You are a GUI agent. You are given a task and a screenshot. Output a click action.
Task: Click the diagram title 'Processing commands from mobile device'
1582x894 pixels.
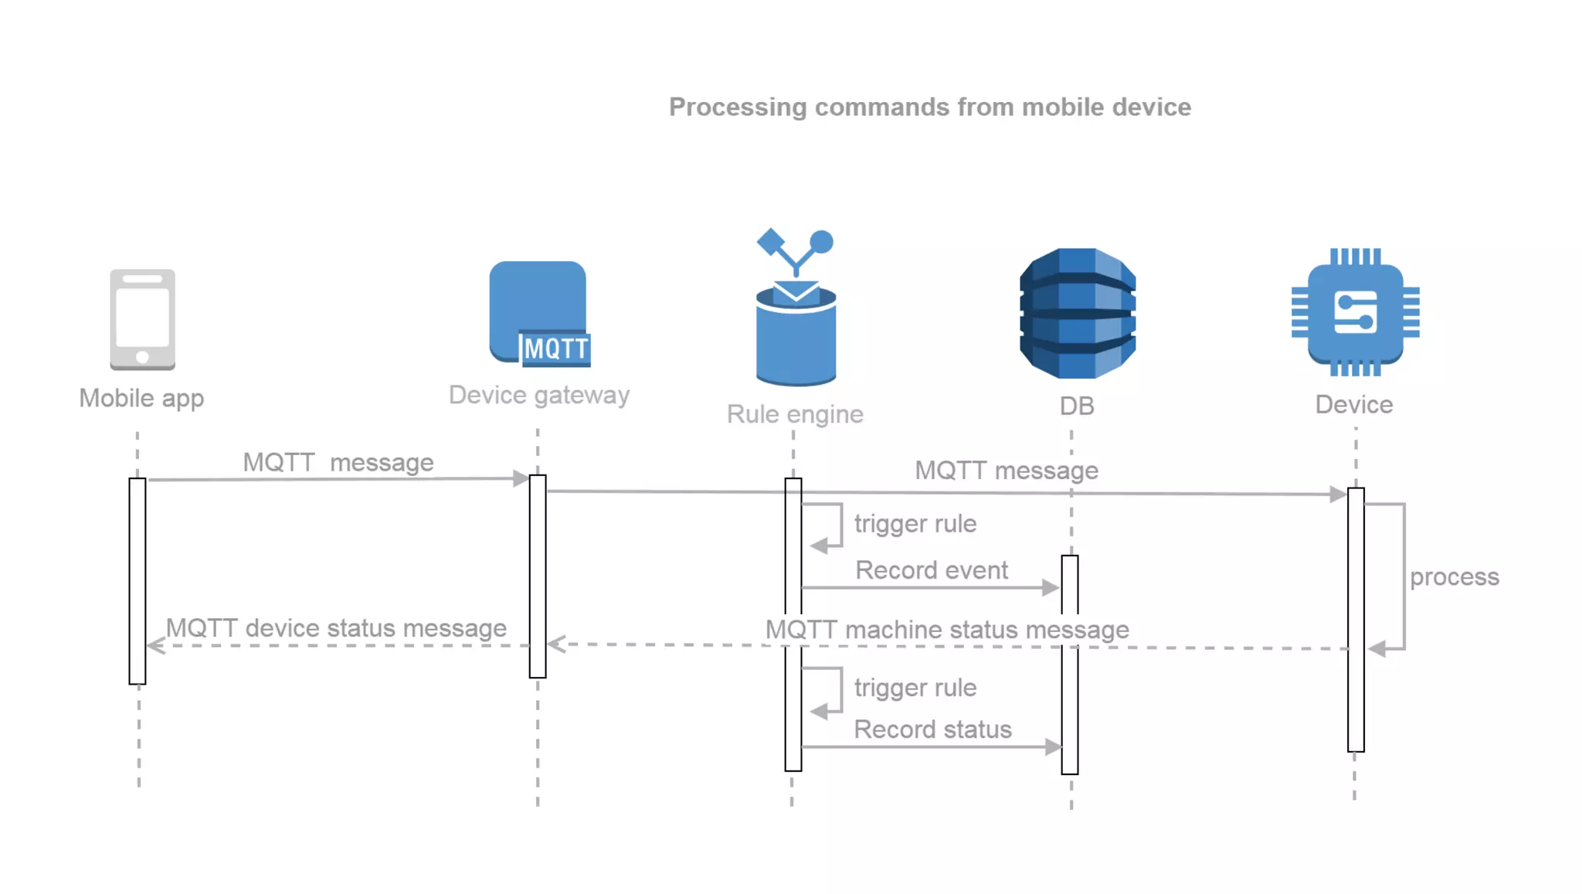tap(929, 107)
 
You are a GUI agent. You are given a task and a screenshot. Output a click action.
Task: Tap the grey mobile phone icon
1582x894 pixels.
tap(142, 319)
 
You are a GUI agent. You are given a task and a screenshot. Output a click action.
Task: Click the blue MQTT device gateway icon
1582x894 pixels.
tap(538, 313)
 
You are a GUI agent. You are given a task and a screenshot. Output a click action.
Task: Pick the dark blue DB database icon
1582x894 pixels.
tap(1077, 313)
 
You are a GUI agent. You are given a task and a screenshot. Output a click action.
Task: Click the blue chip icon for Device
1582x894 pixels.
tap(1355, 312)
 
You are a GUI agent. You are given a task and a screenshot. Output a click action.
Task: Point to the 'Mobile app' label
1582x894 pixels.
tap(141, 398)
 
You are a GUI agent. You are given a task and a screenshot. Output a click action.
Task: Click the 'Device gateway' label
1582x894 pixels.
tap(539, 395)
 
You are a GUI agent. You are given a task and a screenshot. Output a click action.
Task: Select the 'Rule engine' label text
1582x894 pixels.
tap(795, 414)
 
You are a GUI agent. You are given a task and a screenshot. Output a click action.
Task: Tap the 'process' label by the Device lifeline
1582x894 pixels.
tap(1454, 576)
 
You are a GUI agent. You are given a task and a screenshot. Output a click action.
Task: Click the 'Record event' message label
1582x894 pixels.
tap(931, 570)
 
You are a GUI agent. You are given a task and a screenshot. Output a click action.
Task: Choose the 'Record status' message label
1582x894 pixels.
tap(932, 729)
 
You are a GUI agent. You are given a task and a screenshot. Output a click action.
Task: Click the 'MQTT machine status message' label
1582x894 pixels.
tap(947, 630)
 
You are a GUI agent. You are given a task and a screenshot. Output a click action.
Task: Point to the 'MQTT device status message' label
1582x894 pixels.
tap(336, 628)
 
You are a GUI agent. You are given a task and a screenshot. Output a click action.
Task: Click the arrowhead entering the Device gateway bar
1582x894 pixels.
tap(521, 478)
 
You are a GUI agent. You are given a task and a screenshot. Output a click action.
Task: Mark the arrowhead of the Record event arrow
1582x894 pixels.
tap(1051, 588)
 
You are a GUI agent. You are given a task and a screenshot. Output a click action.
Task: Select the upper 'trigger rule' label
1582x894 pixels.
tap(915, 524)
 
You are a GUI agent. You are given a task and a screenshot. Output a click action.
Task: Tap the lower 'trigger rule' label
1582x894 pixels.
tap(915, 688)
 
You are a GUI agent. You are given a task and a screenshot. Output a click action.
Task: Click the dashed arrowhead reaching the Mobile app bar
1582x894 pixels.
tap(155, 646)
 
